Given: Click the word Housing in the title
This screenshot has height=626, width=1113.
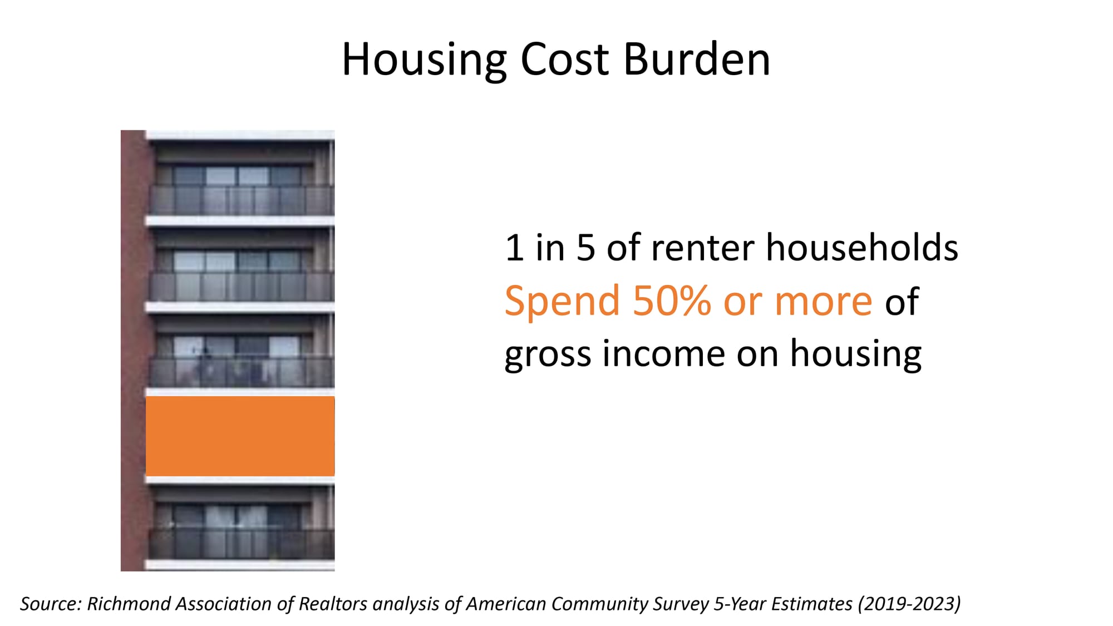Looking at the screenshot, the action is [424, 60].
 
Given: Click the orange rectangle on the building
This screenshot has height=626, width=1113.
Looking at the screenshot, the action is [240, 436].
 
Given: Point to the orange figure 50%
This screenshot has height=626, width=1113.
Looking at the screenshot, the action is [672, 301].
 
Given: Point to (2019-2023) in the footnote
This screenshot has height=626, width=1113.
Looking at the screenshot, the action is [909, 604].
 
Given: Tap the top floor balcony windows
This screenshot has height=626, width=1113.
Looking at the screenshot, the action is [238, 176].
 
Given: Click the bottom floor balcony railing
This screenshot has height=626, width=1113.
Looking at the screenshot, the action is [242, 544].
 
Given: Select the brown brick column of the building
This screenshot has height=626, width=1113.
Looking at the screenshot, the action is [134, 351].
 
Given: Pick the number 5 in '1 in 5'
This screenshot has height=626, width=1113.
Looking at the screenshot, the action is [586, 248].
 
